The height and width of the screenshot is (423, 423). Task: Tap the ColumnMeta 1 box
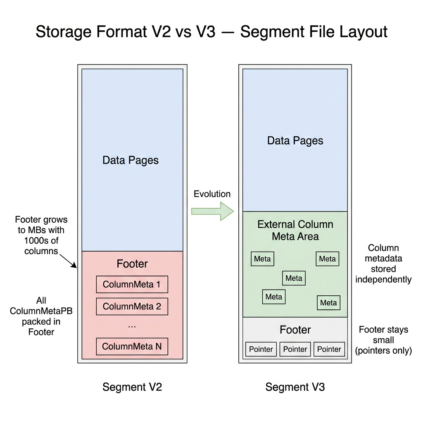coord(132,284)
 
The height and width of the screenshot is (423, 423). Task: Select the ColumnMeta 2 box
coord(132,307)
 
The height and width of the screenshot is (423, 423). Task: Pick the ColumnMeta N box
coord(132,347)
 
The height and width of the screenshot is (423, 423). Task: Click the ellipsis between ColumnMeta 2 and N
coord(132,326)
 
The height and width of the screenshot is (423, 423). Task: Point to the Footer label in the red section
coord(132,264)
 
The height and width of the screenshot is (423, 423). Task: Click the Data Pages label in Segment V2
coord(131,160)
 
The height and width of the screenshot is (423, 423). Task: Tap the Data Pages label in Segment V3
coord(295,140)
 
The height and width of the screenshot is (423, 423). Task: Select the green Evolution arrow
coord(212,211)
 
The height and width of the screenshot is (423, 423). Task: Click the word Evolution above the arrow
coord(212,194)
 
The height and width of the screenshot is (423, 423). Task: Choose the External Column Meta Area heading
coord(295,230)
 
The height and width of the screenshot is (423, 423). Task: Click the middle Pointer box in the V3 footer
coord(295,349)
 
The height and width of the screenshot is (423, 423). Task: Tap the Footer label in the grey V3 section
coord(295,330)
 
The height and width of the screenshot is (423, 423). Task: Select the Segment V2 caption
coord(132,387)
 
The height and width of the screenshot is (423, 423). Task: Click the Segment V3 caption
coord(295,387)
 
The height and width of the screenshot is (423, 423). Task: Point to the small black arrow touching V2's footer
coord(68,261)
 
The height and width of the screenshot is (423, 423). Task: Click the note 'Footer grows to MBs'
coord(41,235)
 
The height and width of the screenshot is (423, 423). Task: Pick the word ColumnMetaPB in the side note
coord(41,311)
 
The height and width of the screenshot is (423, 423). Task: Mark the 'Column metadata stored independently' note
coord(383,264)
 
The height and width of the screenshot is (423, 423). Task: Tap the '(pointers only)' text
coord(383,351)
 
